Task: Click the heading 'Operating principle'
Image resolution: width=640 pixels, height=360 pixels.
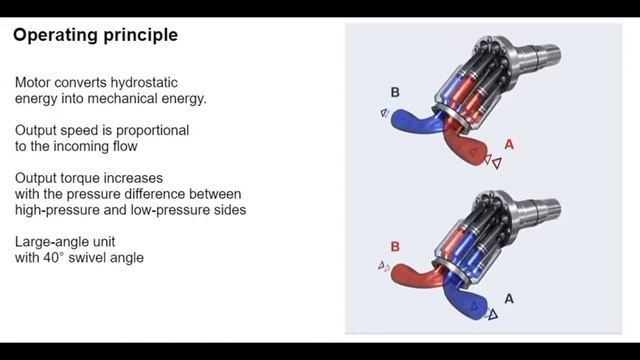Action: coord(95,35)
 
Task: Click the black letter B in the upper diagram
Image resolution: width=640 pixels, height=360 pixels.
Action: coord(395,93)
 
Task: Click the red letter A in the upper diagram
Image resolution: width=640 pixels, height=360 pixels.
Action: coord(509,145)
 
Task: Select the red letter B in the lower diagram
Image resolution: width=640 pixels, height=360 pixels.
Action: coord(395,246)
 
